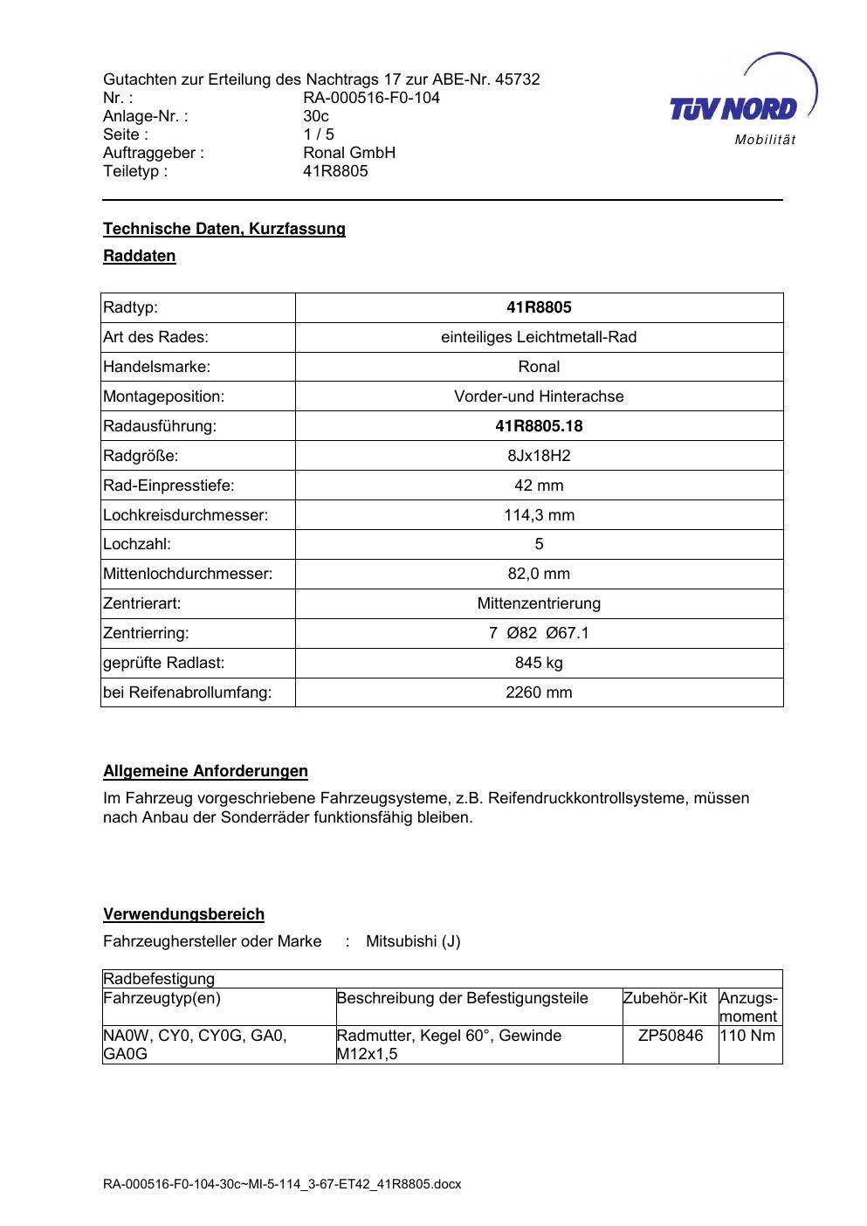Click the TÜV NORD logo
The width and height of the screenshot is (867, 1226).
[x=742, y=100]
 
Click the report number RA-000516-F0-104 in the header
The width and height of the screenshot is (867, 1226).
[x=371, y=98]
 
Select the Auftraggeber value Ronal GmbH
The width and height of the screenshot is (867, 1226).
[x=349, y=153]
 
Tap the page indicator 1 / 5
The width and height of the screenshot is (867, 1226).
[x=319, y=134]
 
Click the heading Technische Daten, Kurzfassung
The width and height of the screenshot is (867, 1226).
[x=224, y=229]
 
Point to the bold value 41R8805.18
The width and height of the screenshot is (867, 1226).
[x=539, y=426]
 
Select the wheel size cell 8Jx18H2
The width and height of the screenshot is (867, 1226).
[x=539, y=456]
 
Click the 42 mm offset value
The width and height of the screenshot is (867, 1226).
[x=539, y=486]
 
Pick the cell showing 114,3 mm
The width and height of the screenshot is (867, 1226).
[x=539, y=515]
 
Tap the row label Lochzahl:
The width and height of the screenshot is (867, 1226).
[x=137, y=544]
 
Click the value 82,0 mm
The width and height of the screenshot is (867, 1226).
[x=539, y=574]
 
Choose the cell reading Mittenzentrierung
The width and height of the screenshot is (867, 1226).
[x=539, y=603]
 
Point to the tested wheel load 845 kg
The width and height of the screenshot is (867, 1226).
[x=539, y=663]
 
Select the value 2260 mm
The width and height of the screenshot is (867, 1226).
[x=539, y=692]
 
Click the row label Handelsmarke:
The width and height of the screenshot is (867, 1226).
[x=157, y=367]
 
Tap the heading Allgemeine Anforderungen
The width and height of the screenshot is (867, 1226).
[x=205, y=771]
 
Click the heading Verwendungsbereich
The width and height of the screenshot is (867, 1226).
[x=183, y=914]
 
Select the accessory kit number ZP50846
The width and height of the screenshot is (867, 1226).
[x=671, y=1036]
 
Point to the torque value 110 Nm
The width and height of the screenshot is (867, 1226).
[x=747, y=1036]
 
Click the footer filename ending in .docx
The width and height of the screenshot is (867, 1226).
[x=282, y=1185]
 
